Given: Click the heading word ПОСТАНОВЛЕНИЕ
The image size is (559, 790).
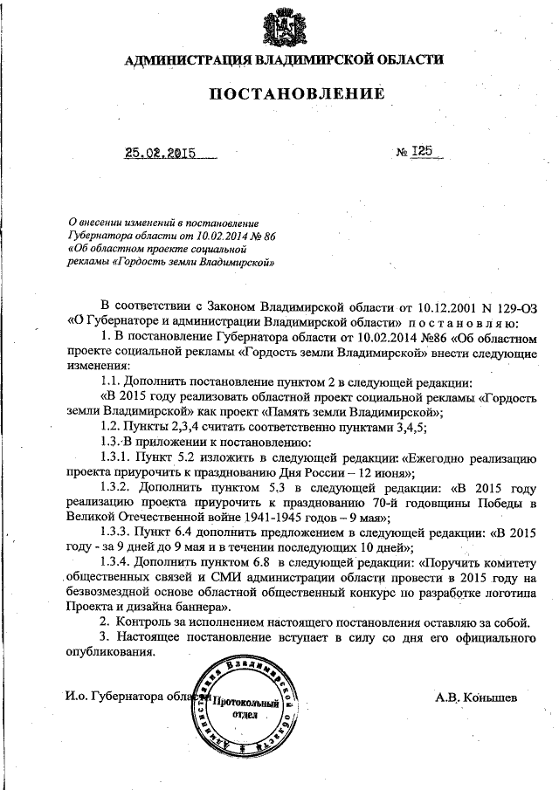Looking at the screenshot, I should (284, 94).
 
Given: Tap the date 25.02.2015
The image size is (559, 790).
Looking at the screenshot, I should (159, 153).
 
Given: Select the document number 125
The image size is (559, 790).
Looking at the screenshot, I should (425, 151).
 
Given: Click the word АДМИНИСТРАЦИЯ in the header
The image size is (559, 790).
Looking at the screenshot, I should (181, 60).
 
